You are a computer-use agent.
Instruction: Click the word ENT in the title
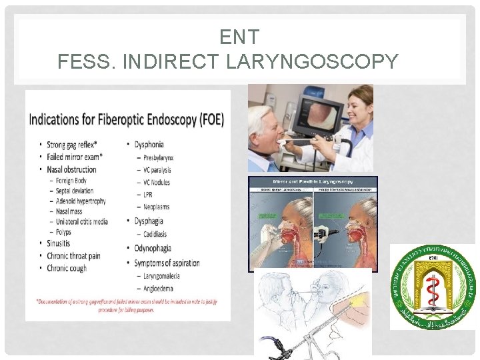(239, 38)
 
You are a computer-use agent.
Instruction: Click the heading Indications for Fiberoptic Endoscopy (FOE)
(127, 120)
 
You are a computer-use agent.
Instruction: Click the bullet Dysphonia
(149, 145)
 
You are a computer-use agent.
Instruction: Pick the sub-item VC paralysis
(157, 169)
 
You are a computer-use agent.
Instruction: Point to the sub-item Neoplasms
(157, 207)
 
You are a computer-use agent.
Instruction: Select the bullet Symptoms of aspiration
(167, 263)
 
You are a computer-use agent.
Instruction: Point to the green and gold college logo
(433, 287)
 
